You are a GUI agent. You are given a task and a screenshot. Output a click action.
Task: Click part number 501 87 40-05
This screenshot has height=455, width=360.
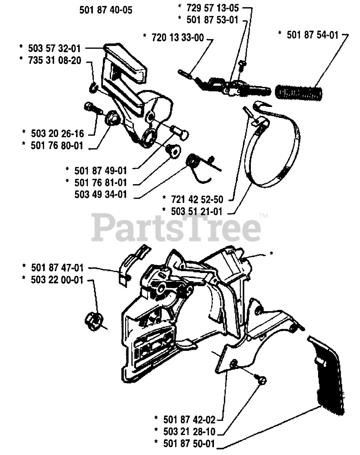point(106,10)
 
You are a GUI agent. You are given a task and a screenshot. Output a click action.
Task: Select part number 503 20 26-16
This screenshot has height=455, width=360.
point(57,134)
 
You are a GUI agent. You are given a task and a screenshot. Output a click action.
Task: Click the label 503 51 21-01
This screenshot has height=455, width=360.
point(197,212)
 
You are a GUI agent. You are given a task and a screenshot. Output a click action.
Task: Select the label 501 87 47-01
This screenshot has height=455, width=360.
point(57,267)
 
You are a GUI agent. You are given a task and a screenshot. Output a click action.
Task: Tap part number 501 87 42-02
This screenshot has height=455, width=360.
point(189,419)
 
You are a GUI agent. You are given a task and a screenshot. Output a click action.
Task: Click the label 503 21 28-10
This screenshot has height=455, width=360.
point(189,432)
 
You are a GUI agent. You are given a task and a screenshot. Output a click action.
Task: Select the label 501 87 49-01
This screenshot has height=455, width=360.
point(101,171)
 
